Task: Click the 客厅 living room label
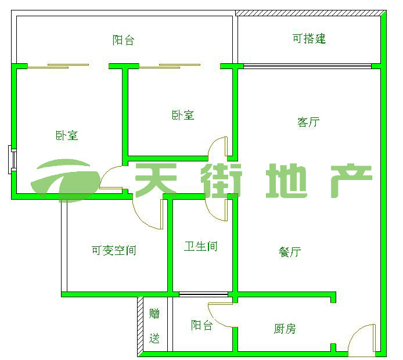click(308, 123)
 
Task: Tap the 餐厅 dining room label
click(290, 252)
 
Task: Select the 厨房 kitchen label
click(285, 329)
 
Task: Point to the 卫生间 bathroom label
click(201, 247)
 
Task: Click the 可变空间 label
click(114, 251)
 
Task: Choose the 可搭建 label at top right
click(309, 39)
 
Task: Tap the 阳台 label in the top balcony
click(124, 40)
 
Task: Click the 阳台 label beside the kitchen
click(201, 326)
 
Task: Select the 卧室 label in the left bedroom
click(67, 136)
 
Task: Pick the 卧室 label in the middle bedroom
click(183, 115)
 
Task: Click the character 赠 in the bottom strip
click(154, 314)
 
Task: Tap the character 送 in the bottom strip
click(154, 339)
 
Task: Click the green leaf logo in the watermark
click(67, 177)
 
